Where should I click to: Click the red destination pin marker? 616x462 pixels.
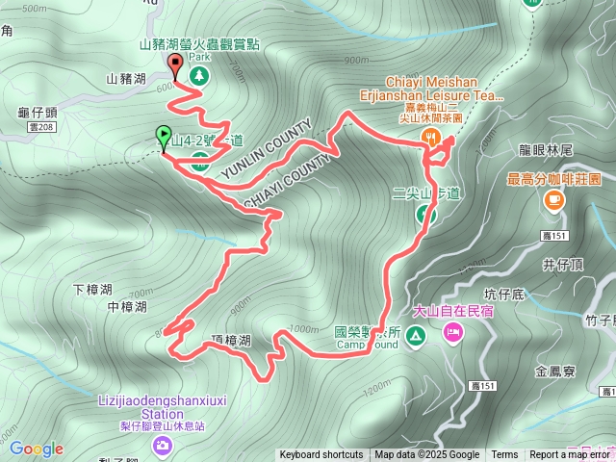[x=175, y=65]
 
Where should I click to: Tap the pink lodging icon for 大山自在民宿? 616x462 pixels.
[x=451, y=333]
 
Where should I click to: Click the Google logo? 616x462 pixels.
[x=36, y=449]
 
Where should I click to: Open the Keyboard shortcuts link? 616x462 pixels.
[x=321, y=455]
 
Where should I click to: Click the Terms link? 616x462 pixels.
[x=504, y=455]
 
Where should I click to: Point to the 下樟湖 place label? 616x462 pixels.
[x=93, y=289]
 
